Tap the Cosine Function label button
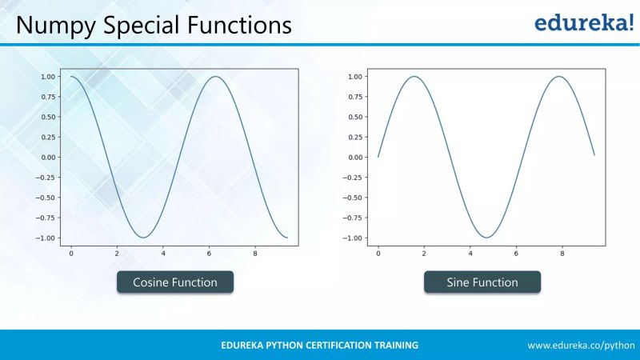pos(174,282)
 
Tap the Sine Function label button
pos(482,282)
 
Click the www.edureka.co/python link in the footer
pos(581,345)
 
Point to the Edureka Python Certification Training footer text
pos(319,345)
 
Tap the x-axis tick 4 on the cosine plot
pos(163,254)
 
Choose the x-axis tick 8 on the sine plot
pos(562,254)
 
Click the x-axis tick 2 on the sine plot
pos(424,254)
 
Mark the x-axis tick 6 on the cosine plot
pos(209,254)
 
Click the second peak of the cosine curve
pos(215,77)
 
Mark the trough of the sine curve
pos(486,238)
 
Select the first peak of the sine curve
pos(414,77)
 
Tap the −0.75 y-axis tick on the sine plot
pos(352,218)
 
